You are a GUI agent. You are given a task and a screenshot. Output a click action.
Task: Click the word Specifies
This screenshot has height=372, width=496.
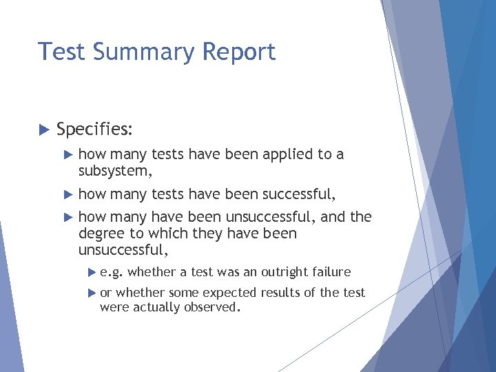(x=95, y=129)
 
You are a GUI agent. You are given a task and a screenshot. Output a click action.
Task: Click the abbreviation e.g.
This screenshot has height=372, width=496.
(x=112, y=273)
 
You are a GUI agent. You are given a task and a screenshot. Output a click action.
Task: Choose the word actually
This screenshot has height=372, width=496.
(x=155, y=307)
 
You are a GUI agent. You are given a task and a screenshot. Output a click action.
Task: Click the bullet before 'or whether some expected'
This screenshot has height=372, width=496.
(x=93, y=293)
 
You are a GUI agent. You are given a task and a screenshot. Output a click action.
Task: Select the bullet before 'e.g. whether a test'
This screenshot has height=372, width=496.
(x=93, y=272)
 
